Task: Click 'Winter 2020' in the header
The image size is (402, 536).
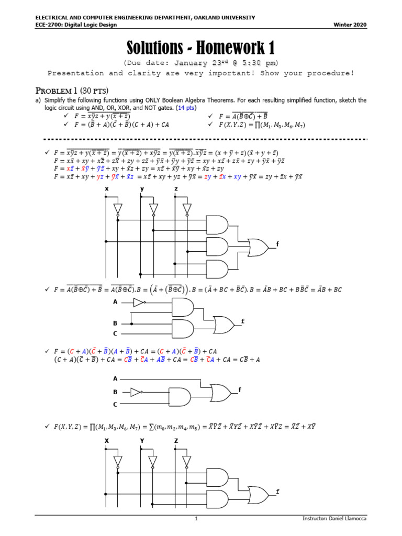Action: pos(350,25)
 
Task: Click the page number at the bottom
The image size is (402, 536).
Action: pos(196,519)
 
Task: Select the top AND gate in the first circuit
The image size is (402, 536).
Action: pos(217,224)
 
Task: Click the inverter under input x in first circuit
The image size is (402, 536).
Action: pos(118,210)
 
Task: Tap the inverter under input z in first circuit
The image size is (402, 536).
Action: pos(187,210)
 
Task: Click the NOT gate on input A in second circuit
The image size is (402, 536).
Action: pos(139,302)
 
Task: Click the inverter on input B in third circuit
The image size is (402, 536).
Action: pos(136,392)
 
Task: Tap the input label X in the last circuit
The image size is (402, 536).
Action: pos(106,441)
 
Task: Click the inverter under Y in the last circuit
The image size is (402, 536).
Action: pos(152,462)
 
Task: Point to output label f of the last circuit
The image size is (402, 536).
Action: pos(277,492)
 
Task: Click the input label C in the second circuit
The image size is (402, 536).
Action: pos(115,333)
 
